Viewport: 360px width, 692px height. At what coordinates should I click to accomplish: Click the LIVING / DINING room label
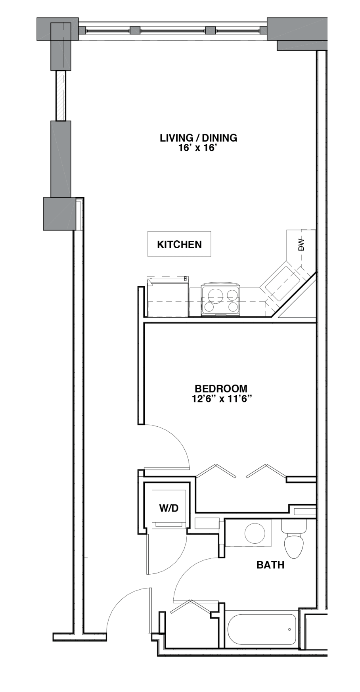(x=198, y=138)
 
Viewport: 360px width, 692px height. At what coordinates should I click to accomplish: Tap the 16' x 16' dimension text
(x=199, y=148)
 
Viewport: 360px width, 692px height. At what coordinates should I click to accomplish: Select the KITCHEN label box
(x=179, y=244)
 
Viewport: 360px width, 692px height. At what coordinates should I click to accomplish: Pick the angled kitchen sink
(x=280, y=284)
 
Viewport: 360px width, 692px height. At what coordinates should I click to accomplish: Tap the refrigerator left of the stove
(x=167, y=297)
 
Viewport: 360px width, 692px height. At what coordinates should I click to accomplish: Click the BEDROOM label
(x=221, y=389)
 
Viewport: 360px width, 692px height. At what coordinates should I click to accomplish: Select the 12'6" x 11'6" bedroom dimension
(x=222, y=399)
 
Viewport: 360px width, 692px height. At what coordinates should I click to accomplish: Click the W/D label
(x=169, y=508)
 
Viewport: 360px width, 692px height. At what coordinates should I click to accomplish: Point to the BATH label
(x=270, y=565)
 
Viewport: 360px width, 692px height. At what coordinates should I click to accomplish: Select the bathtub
(x=262, y=630)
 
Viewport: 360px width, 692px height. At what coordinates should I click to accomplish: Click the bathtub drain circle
(x=290, y=629)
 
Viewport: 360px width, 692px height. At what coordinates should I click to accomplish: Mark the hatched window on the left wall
(x=61, y=96)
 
